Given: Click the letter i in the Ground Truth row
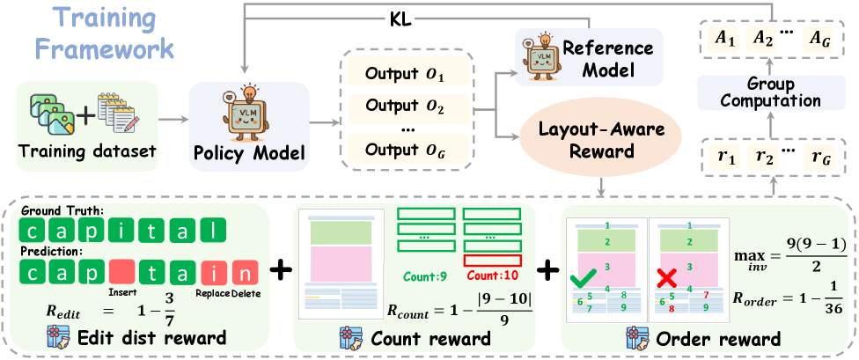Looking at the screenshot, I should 122,232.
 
